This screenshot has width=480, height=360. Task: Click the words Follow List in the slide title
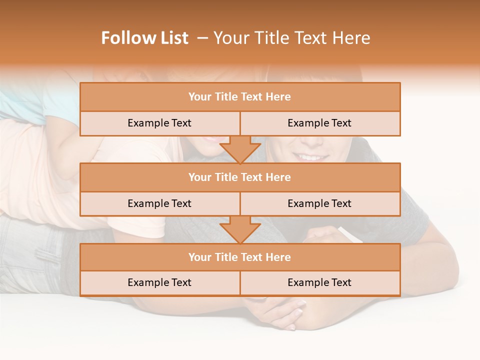(144, 38)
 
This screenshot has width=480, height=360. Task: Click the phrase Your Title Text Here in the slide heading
(292, 38)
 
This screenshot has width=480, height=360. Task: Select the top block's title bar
(240, 97)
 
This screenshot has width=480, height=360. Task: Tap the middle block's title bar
(240, 177)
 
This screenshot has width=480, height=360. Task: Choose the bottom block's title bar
(240, 257)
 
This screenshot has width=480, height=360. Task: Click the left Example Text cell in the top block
(159, 123)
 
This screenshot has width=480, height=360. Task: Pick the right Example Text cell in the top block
(319, 123)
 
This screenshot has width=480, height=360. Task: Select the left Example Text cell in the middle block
(159, 204)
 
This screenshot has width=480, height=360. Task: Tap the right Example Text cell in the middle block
(319, 204)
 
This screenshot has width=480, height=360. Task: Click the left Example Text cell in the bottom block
(159, 283)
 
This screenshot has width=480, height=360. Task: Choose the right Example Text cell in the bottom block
(319, 283)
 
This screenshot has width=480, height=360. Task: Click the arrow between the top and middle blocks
(240, 149)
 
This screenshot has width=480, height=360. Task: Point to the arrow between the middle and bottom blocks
(240, 229)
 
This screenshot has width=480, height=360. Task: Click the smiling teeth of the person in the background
(311, 157)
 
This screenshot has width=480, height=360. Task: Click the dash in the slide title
(202, 38)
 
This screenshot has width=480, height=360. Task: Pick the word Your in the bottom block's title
(200, 257)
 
